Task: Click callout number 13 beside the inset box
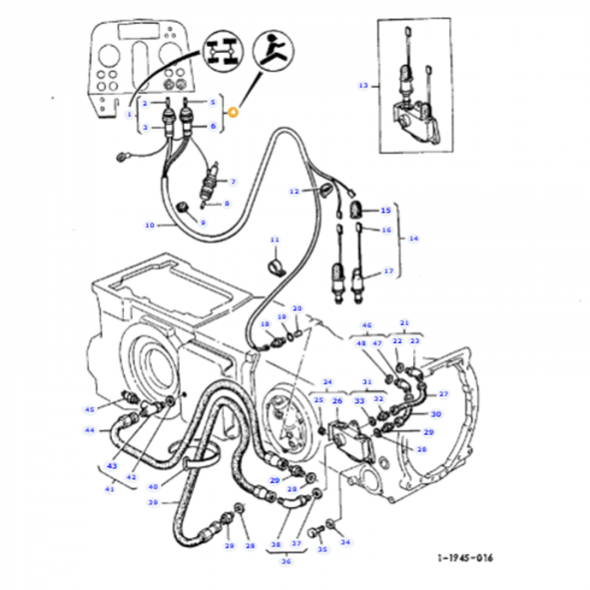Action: [x=363, y=85]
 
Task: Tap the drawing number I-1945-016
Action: [x=465, y=558]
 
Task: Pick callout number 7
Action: [x=233, y=181]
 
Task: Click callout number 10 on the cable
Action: [x=150, y=225]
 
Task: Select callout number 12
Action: [x=295, y=191]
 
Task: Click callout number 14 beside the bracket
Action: [x=412, y=239]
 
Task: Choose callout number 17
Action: [x=389, y=271]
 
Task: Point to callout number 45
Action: [x=89, y=410]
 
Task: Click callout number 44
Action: [x=89, y=430]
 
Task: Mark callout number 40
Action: [x=153, y=485]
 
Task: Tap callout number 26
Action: [x=336, y=400]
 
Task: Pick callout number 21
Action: [x=404, y=323]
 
